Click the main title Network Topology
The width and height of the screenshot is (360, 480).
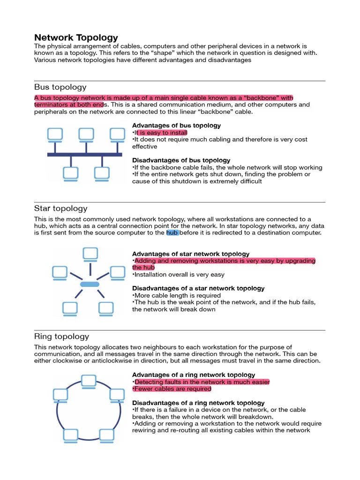76,37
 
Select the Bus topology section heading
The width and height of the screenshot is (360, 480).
60,87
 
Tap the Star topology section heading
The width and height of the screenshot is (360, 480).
61,209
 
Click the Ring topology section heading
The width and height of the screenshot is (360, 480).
61,337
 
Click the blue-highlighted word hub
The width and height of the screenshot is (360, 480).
172,232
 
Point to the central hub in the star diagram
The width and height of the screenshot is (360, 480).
90,285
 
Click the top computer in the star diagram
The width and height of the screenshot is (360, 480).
90,255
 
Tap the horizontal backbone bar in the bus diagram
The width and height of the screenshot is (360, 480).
84,154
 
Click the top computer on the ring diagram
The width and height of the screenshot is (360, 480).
88,381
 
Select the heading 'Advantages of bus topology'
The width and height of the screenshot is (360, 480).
176,126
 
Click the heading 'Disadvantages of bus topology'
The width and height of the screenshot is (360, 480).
181,160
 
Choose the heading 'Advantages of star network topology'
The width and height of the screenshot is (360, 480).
191,254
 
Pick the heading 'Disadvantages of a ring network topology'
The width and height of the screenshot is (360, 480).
198,403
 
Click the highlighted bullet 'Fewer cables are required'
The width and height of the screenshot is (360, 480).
172,389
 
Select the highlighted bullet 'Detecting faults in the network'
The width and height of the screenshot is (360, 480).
202,382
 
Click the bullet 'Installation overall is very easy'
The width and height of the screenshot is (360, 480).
179,275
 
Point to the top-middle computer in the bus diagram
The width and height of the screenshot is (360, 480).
86,135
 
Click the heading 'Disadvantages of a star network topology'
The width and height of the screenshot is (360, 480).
198,288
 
